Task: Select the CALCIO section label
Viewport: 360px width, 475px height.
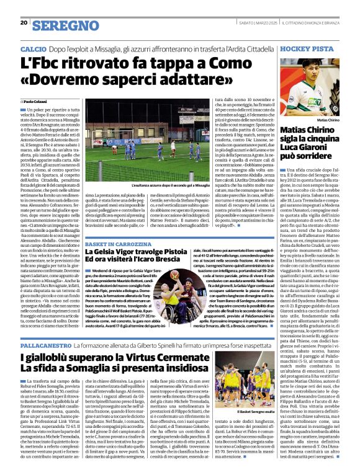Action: (x=33, y=48)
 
